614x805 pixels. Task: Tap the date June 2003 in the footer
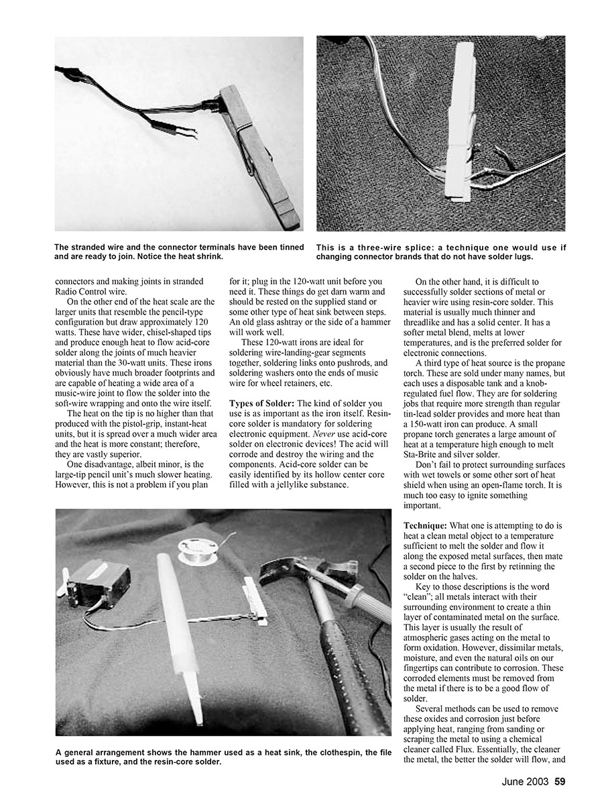click(x=526, y=781)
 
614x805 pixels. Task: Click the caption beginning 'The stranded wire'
click(x=179, y=252)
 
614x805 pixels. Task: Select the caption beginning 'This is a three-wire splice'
click(x=440, y=252)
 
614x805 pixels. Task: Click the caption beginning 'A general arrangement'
click(x=223, y=757)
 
